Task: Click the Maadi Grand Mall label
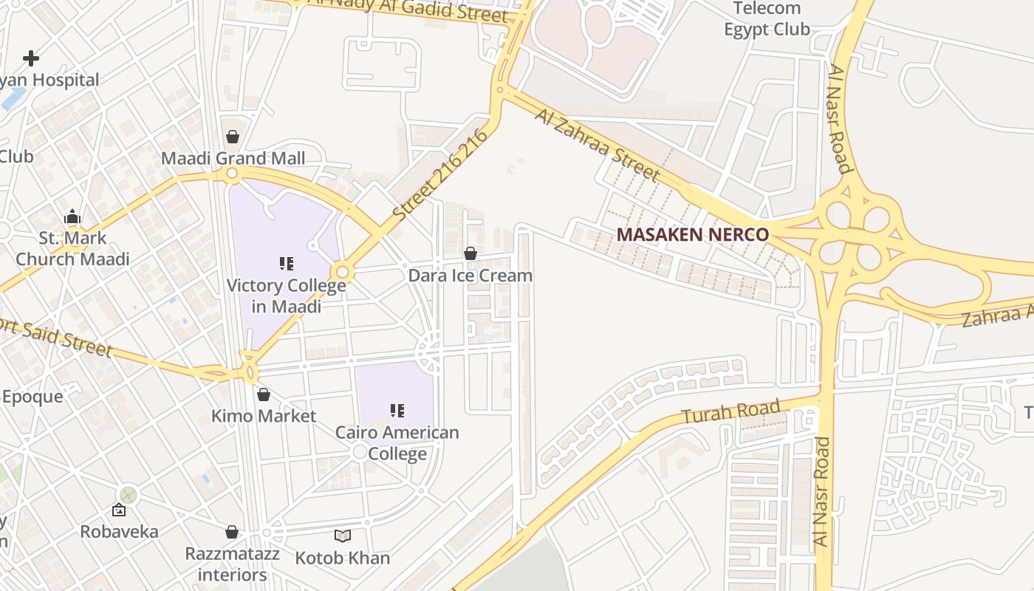(233, 158)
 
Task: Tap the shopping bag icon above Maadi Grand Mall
(233, 137)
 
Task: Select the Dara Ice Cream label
(470, 276)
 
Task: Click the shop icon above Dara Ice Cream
(470, 253)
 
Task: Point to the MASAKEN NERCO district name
(692, 234)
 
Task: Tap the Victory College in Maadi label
(287, 295)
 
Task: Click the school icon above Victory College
(287, 264)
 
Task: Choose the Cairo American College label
(397, 443)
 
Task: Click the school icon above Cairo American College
(397, 410)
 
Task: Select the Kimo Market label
(264, 416)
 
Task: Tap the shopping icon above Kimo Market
(264, 394)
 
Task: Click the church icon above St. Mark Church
(72, 217)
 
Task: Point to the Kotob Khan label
(343, 558)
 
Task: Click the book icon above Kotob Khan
(343, 536)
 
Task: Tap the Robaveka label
(119, 531)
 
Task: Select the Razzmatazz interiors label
(232, 564)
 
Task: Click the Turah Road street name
(730, 411)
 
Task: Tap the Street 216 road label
(442, 176)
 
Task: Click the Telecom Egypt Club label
(767, 19)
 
